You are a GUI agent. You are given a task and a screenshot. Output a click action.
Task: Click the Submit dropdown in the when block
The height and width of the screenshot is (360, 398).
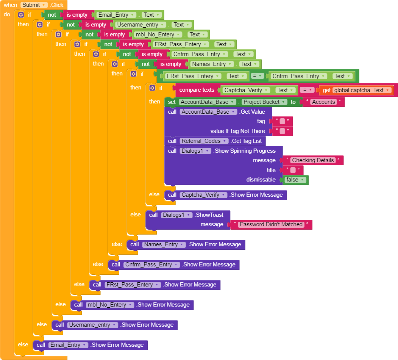point(34,5)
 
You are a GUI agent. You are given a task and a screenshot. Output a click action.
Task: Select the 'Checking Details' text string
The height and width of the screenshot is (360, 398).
point(313,160)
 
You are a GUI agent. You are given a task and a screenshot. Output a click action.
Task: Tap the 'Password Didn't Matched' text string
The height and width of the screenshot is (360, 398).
point(271,224)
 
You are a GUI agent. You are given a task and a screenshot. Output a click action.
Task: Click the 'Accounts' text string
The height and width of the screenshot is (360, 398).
point(323,102)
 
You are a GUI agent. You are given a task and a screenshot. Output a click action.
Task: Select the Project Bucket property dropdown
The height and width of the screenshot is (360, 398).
point(264,102)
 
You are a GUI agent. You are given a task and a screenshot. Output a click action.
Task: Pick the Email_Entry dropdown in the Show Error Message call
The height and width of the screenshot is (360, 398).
point(68,345)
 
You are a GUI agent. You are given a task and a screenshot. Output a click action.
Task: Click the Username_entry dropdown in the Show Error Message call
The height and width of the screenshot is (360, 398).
point(92,325)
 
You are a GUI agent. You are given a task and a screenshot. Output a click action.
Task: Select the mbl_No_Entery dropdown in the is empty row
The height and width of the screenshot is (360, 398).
point(156,34)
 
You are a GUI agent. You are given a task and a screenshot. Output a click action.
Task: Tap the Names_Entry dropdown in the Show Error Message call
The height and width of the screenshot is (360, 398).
point(164,244)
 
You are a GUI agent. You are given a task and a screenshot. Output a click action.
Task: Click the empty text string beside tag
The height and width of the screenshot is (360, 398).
point(282,121)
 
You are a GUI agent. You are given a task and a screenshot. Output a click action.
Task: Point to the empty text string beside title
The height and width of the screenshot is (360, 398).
point(293,170)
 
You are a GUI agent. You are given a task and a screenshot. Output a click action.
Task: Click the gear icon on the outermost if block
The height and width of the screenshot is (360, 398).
point(21,15)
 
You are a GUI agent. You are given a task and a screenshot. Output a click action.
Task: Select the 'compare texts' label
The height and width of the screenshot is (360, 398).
point(197,90)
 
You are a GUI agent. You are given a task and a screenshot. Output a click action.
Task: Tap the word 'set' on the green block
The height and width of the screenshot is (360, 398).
point(172,102)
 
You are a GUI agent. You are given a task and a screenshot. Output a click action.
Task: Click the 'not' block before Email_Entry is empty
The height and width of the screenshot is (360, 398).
point(52,15)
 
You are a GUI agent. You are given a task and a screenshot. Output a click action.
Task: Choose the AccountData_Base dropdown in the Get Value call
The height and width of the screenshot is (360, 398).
point(209,112)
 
